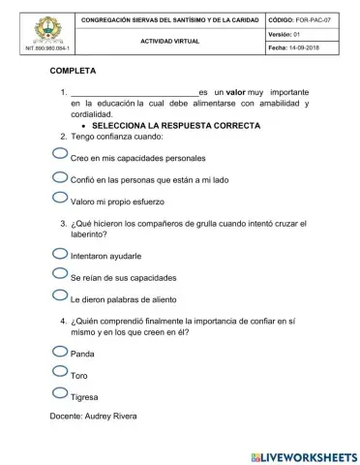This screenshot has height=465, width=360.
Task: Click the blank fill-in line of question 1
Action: click(x=134, y=93)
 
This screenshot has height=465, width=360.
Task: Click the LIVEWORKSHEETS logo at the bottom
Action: click(x=303, y=455)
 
